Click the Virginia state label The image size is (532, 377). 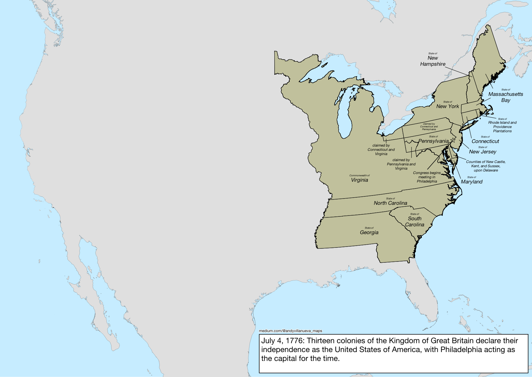(x=359, y=180)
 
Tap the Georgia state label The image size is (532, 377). (x=369, y=232)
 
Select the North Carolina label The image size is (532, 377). (x=390, y=203)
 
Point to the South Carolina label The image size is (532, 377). (x=415, y=222)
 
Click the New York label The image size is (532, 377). (x=448, y=106)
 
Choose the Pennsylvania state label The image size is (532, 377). (x=433, y=141)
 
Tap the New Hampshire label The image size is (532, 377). (x=433, y=61)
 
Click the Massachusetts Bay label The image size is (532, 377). (x=506, y=97)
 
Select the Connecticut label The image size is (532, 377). (x=485, y=141)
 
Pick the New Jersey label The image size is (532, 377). (x=483, y=151)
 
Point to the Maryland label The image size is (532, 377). (x=472, y=182)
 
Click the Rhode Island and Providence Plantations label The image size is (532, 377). (x=502, y=127)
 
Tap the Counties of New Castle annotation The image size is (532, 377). (x=486, y=166)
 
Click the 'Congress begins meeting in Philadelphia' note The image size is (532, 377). (x=427, y=177)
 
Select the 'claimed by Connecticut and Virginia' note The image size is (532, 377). (x=381, y=150)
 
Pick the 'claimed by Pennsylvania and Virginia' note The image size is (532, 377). (x=401, y=164)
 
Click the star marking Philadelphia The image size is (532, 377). (x=452, y=140)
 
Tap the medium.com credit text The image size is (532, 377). (x=290, y=331)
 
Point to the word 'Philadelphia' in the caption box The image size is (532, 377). (x=461, y=349)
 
